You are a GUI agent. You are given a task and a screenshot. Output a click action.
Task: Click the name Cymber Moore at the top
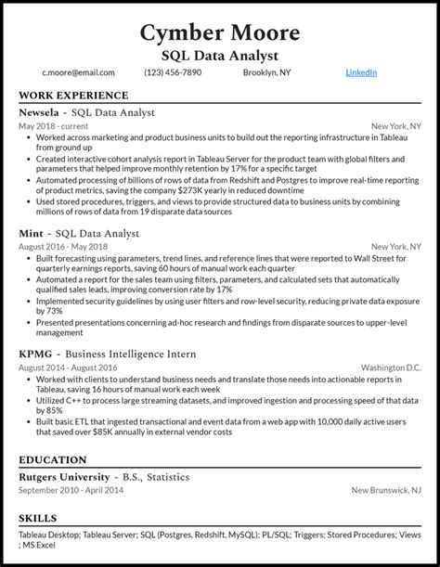pyautogui.click(x=220, y=32)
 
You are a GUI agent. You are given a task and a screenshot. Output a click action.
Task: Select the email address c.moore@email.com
pyautogui.click(x=78, y=72)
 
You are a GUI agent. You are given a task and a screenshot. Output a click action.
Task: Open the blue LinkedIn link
pyautogui.click(x=361, y=72)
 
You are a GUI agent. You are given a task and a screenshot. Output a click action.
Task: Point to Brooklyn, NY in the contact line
pyautogui.click(x=265, y=72)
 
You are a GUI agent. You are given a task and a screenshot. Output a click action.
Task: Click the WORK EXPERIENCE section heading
pyautogui.click(x=73, y=96)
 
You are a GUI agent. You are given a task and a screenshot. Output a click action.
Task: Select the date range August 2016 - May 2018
pyautogui.click(x=63, y=247)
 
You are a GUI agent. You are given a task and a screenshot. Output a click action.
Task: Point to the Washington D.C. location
pyautogui.click(x=390, y=368)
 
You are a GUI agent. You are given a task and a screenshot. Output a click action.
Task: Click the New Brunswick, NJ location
pyautogui.click(x=386, y=490)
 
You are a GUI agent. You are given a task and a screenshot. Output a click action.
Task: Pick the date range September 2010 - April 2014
pyautogui.click(x=71, y=490)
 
